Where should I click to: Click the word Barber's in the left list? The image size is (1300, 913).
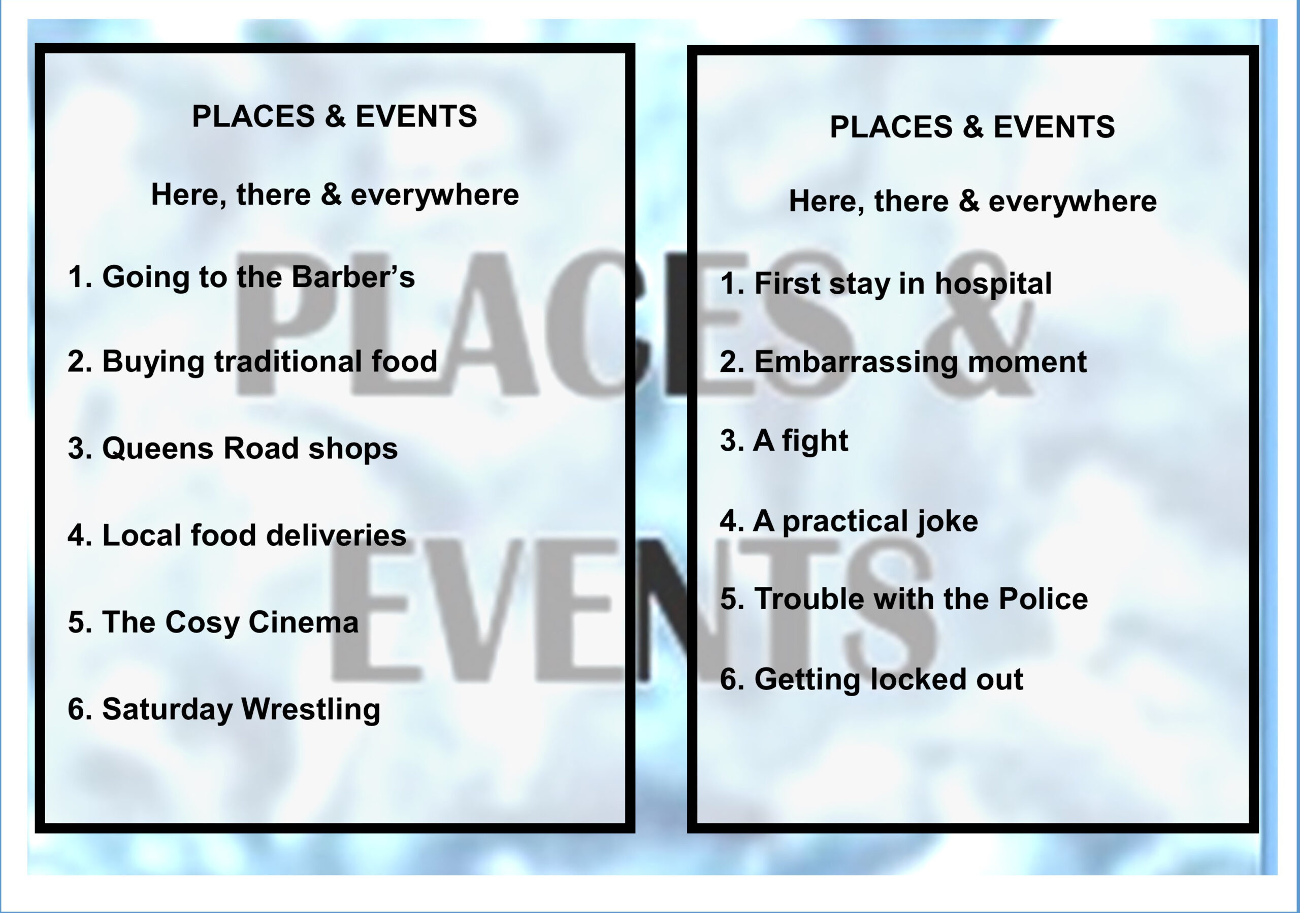(353, 276)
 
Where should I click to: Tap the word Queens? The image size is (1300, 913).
(158, 449)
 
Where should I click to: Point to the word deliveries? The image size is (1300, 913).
(336, 534)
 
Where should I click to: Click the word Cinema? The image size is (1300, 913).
(304, 622)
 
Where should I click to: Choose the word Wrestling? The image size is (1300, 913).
(311, 709)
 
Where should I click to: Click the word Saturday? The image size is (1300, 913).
(167, 709)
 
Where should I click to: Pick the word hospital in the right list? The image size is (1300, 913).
(993, 284)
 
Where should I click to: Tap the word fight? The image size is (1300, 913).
(816, 440)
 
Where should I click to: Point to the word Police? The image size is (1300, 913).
(1043, 599)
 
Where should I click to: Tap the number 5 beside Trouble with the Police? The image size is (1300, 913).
(729, 599)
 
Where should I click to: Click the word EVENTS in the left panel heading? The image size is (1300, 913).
(416, 116)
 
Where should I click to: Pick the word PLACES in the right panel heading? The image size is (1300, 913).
(891, 127)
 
